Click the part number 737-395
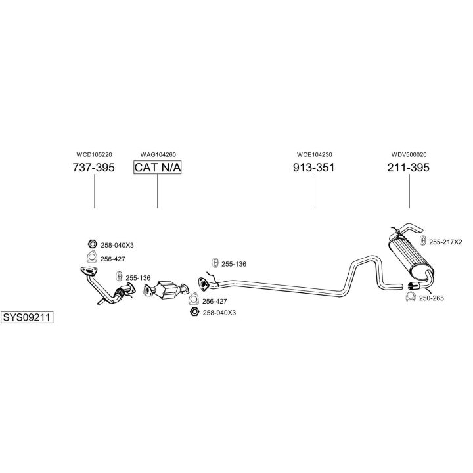point(94,168)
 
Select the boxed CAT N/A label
point(158,168)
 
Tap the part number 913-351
point(314,168)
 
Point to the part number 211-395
point(409,168)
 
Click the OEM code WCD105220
point(94,154)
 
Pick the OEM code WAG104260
point(158,154)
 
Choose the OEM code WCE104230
point(314,154)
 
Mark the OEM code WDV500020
point(409,154)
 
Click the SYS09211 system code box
point(27,317)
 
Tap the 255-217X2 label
point(445,242)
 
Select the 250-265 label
point(432,298)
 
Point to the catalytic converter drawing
point(169,289)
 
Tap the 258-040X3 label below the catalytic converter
point(219,313)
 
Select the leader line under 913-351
point(314,191)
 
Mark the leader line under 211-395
point(409,191)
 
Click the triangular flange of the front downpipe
point(86,272)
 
